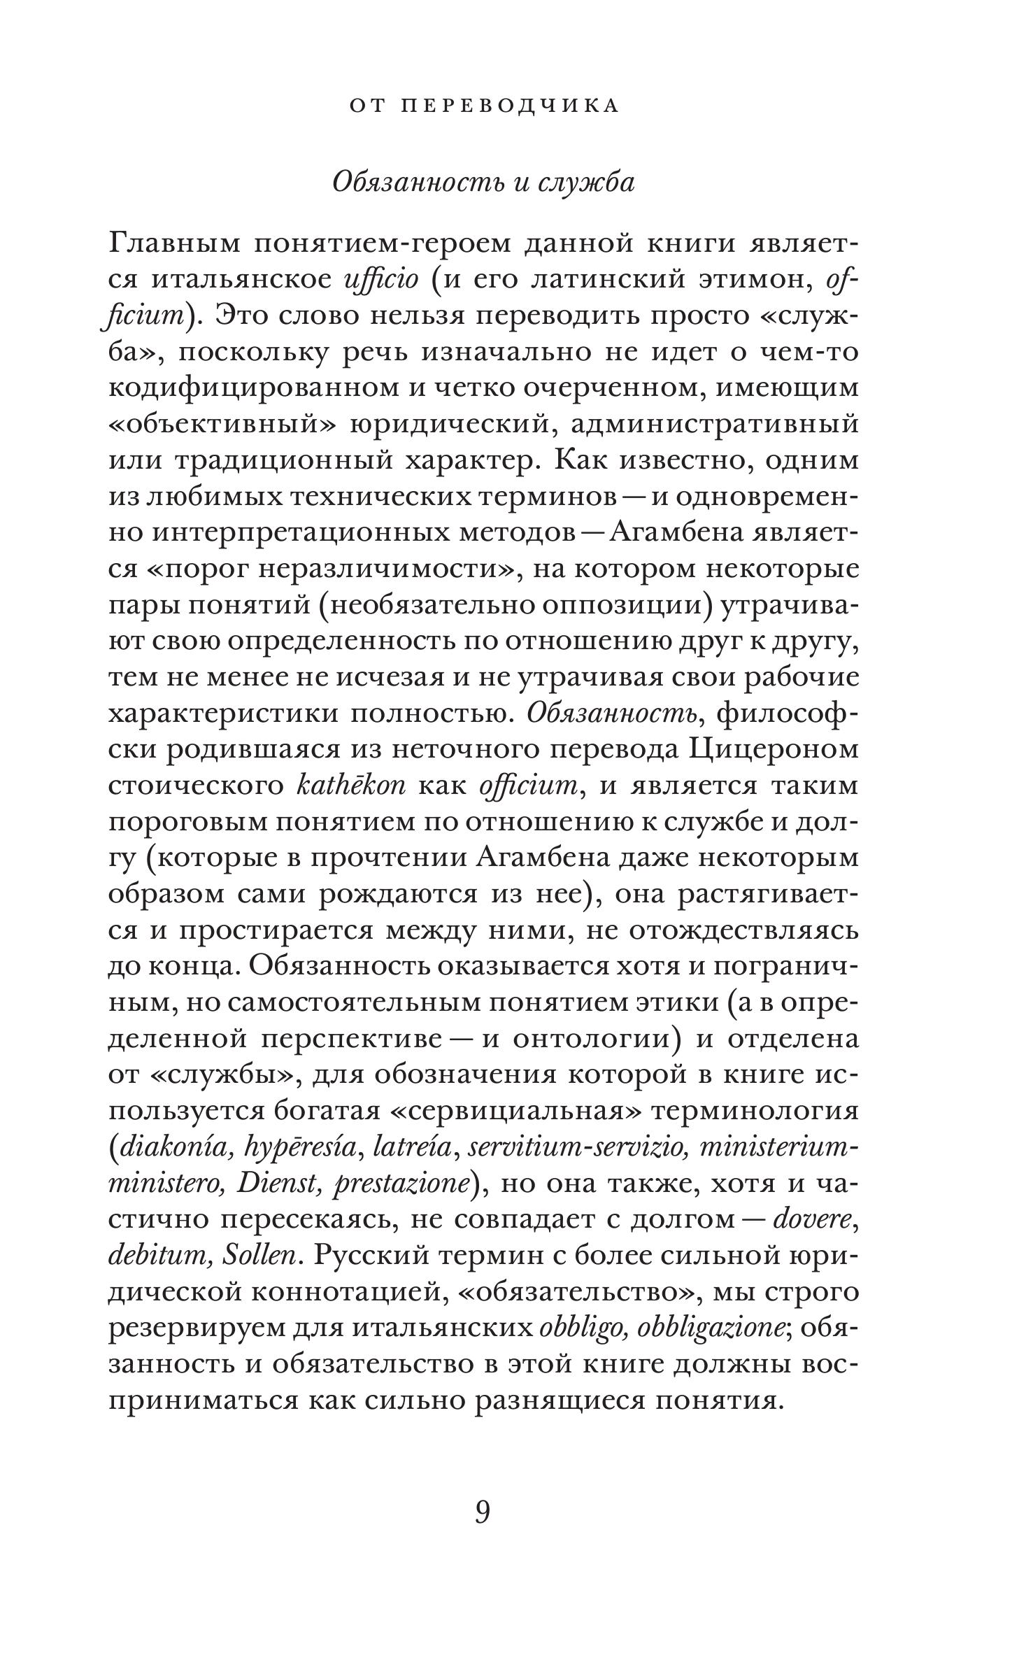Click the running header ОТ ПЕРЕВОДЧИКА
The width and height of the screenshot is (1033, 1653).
(x=483, y=106)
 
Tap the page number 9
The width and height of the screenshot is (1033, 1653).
(x=483, y=1511)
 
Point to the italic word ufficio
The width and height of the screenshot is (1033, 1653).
(x=382, y=279)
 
